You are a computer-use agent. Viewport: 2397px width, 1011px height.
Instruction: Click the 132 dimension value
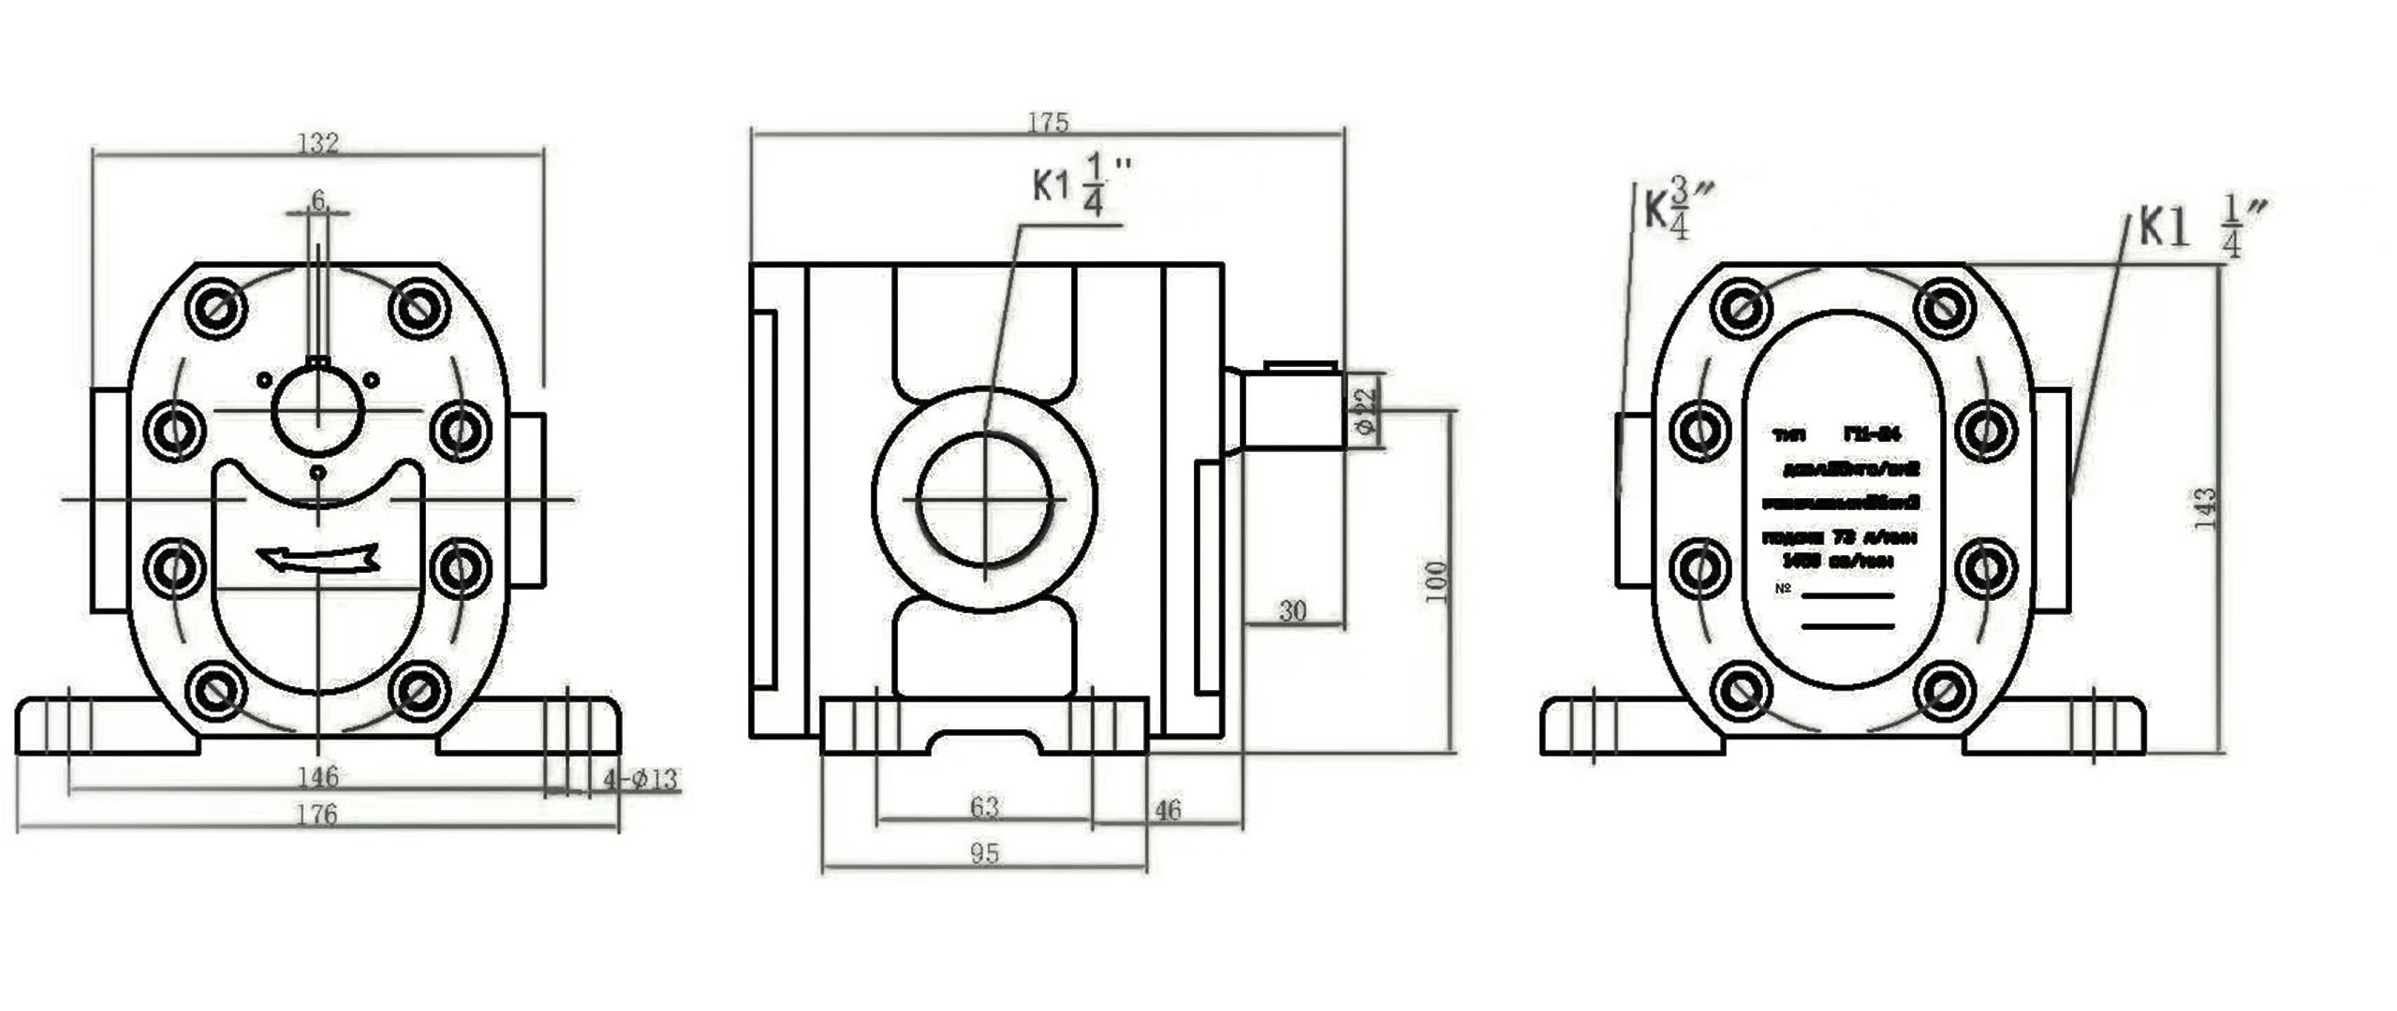(317, 143)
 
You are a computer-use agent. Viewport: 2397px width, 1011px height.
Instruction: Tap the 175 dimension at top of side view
(1048, 123)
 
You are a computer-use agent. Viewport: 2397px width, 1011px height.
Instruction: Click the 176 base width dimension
(316, 814)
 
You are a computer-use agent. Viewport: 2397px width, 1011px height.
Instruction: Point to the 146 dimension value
(318, 776)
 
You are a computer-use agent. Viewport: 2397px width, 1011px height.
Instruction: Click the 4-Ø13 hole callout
(640, 779)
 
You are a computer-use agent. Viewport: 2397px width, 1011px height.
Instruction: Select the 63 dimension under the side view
(984, 806)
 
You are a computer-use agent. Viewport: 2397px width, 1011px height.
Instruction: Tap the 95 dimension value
(984, 854)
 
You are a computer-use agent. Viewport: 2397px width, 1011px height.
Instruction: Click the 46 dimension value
(1168, 810)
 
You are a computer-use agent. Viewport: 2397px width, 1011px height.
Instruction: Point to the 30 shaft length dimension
(1292, 611)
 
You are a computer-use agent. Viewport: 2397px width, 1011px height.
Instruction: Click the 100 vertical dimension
(1436, 581)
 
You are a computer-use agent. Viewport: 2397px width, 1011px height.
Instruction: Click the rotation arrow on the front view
(318, 558)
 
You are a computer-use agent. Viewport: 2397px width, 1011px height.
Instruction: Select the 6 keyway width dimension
(318, 200)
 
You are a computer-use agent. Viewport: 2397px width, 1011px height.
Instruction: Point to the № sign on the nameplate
(1783, 589)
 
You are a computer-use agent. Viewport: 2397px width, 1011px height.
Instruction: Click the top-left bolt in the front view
(215, 306)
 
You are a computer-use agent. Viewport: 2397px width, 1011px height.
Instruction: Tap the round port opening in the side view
(984, 501)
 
